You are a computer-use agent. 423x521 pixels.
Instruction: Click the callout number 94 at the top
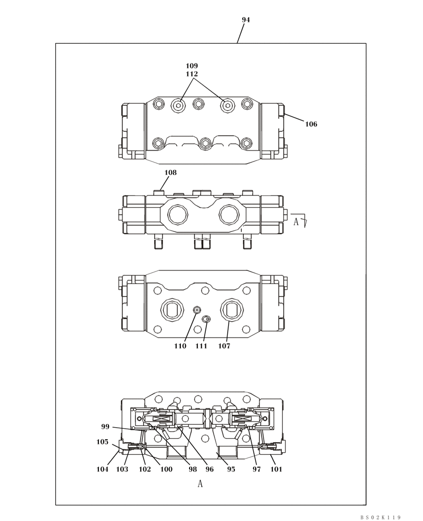246,20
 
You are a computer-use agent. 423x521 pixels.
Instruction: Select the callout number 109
192,66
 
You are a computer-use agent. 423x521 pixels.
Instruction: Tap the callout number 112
192,75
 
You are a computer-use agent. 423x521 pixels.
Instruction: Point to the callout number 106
311,125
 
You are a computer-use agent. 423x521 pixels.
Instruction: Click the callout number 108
170,172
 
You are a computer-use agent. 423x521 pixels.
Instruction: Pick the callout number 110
180,346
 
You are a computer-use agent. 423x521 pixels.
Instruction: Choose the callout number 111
201,346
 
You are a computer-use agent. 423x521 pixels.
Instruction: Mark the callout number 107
224,346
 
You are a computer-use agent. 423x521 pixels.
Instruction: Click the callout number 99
106,427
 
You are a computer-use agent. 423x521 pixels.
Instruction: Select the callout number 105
103,442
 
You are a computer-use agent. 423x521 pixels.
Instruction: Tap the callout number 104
103,469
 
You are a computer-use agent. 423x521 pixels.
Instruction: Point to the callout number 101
276,469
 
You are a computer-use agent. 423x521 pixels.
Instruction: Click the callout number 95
231,469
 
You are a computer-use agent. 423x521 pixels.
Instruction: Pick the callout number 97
256,469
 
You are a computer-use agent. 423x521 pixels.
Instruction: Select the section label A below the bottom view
200,484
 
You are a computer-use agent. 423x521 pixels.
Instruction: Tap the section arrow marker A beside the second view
296,221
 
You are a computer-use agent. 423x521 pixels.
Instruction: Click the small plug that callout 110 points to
197,310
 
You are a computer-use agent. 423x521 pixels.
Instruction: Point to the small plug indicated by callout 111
207,319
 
